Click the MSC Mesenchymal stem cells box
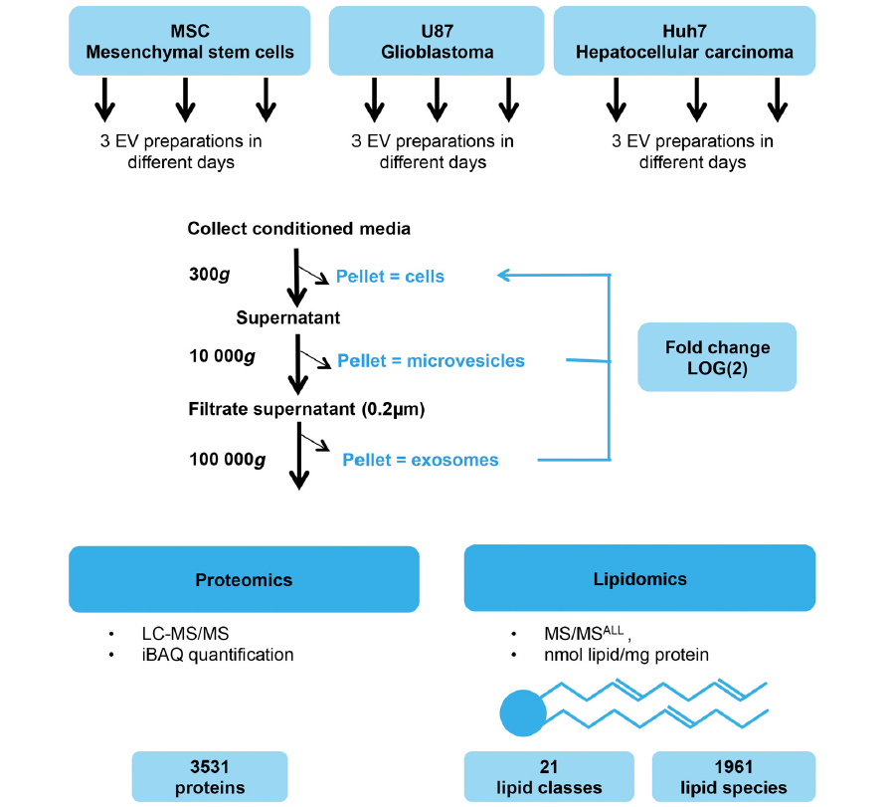(189, 41)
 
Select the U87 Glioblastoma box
(437, 41)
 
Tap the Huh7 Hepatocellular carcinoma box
(684, 41)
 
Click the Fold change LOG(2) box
(717, 357)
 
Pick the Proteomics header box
(244, 579)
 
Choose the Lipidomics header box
(640, 578)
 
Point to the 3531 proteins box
(210, 777)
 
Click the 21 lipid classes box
(549, 777)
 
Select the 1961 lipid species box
(734, 777)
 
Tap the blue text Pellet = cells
(390, 277)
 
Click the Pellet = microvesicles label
(432, 361)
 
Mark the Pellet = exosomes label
(421, 460)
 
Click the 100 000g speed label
(227, 460)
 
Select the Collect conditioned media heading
(298, 229)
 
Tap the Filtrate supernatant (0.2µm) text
(306, 409)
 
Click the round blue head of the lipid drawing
(523, 713)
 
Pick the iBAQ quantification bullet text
(218, 655)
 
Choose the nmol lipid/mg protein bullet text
(626, 655)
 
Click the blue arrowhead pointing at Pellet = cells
(503, 276)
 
